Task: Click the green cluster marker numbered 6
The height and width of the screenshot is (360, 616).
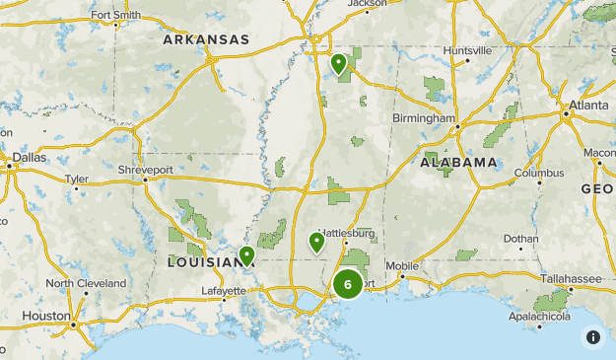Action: click(347, 284)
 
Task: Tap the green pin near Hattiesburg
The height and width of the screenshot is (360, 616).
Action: click(317, 241)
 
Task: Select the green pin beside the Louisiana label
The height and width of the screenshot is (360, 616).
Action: click(246, 255)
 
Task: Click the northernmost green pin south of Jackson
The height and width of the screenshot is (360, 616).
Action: click(338, 64)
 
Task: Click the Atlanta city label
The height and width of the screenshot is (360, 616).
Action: click(587, 105)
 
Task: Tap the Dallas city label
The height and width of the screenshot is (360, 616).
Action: click(31, 157)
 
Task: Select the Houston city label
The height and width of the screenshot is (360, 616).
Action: click(44, 316)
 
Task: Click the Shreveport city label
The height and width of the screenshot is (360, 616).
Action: click(145, 170)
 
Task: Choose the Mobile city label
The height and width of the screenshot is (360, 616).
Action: click(401, 266)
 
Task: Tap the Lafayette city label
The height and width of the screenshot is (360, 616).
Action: click(224, 291)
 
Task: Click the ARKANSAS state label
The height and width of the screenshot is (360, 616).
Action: click(206, 39)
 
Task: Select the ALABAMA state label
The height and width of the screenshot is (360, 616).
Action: click(458, 162)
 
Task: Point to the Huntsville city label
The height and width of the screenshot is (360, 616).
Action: click(467, 50)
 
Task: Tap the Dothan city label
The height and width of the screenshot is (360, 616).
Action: click(521, 239)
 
